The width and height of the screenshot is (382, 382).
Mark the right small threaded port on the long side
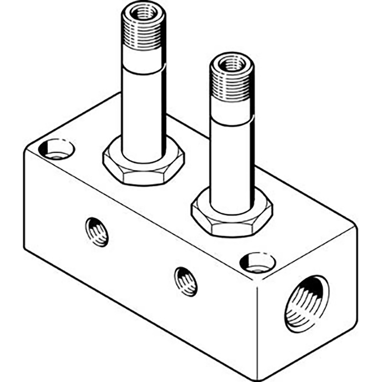[x=186, y=281]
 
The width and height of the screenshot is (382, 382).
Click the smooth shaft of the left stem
[x=143, y=110]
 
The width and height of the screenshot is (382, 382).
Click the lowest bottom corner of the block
[x=258, y=368]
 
